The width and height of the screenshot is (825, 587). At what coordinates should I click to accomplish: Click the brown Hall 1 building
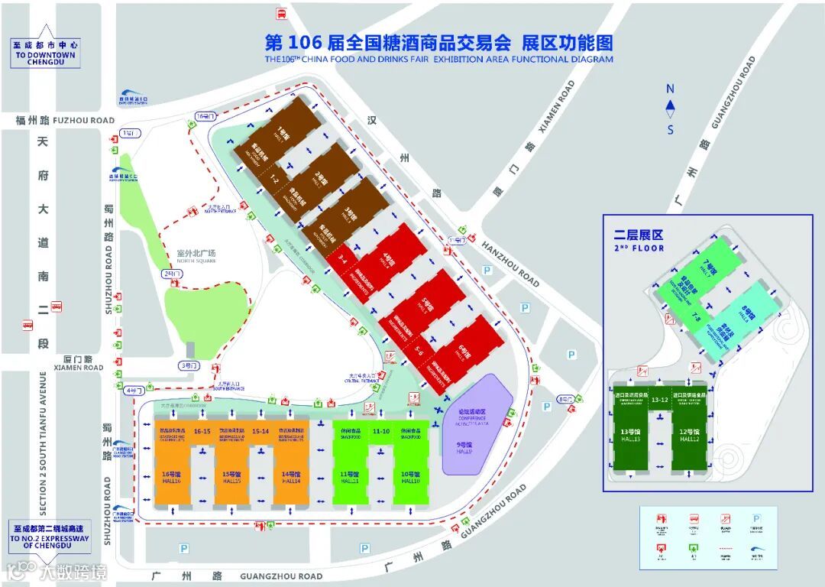click(x=280, y=130)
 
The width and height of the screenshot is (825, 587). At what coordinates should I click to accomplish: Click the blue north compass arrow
click(x=670, y=106)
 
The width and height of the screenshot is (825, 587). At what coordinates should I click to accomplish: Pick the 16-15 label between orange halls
click(x=202, y=431)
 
